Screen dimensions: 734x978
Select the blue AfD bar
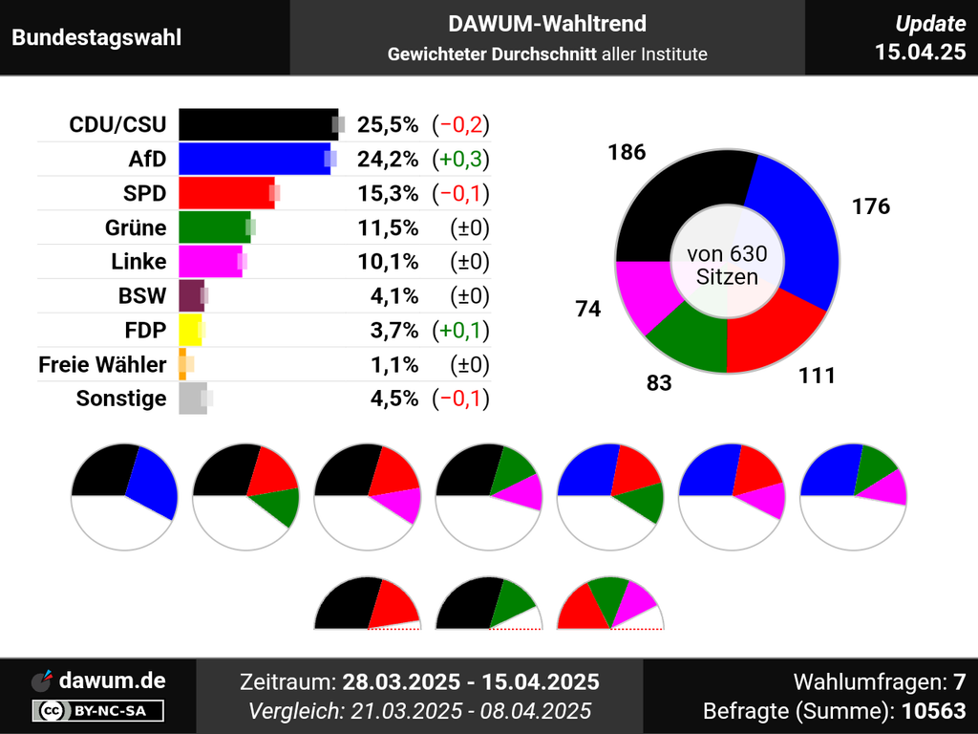click(252, 159)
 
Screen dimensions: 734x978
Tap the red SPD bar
click(225, 193)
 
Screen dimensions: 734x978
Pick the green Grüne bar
click(213, 227)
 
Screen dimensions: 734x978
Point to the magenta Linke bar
click(209, 262)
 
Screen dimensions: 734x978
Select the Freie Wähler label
click(102, 364)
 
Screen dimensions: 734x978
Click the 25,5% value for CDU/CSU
click(388, 124)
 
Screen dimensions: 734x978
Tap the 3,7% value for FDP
click(394, 331)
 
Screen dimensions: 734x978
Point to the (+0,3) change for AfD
click(460, 159)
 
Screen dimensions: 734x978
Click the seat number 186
click(627, 152)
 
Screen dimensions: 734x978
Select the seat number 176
click(870, 205)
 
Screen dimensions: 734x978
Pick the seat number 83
click(659, 383)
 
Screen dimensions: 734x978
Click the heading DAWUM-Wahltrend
click(547, 24)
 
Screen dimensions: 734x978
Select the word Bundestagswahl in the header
click(96, 38)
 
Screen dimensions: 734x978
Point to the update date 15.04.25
click(921, 52)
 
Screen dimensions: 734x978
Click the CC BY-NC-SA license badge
click(98, 710)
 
